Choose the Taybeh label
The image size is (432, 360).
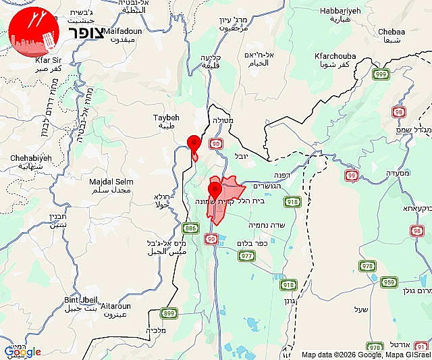tap(165, 118)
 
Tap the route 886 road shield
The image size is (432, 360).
tap(192, 229)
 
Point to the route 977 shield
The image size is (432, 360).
tap(247, 255)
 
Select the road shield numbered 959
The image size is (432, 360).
tap(389, 282)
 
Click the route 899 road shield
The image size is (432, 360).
tap(169, 313)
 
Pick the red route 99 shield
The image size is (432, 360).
tap(351, 175)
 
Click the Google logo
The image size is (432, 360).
tap(22, 352)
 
